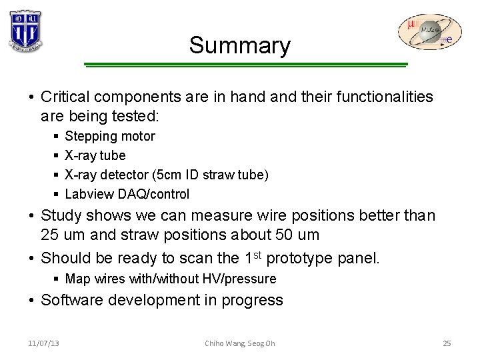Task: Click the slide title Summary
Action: (239, 45)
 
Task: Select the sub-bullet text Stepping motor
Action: (110, 136)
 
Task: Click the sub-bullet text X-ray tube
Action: (95, 155)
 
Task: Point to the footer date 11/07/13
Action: (43, 343)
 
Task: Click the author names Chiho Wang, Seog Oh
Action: (239, 343)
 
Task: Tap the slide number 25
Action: (447, 343)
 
